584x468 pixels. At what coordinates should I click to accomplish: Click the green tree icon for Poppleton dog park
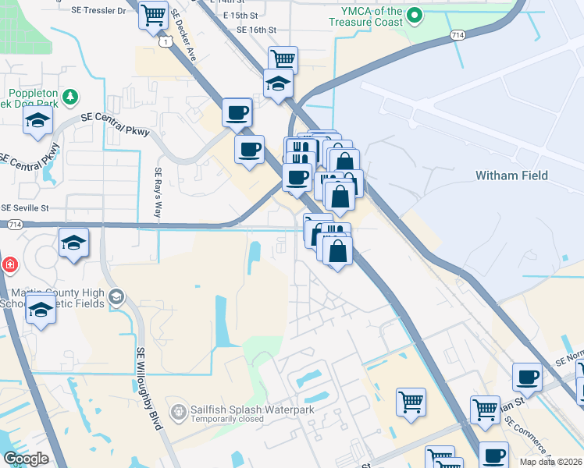71,96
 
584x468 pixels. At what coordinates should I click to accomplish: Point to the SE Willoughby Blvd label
148,388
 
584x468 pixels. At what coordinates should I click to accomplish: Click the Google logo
26,459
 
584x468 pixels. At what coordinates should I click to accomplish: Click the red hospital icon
8,264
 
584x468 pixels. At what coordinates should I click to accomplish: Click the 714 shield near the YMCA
458,35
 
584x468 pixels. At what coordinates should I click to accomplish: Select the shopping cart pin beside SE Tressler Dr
154,14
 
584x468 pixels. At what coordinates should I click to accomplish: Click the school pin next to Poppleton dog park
37,121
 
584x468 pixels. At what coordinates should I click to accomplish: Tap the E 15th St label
240,15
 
